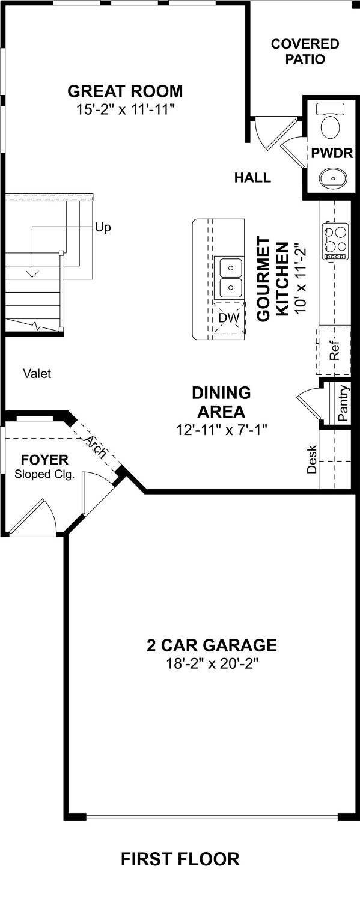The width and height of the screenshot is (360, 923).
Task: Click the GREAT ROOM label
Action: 125,91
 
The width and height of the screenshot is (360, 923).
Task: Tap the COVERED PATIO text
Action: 305,52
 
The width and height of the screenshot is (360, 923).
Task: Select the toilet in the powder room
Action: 330,123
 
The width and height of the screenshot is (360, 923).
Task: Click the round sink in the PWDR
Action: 331,177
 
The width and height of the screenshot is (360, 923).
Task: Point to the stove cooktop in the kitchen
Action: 336,241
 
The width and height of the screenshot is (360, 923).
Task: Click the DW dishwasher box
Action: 229,317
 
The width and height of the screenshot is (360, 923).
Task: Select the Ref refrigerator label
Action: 335,350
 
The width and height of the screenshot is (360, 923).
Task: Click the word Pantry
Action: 343,403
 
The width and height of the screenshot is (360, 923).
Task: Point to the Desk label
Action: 312,459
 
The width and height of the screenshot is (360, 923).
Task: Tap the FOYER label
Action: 44,460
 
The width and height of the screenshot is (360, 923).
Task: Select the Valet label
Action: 37,374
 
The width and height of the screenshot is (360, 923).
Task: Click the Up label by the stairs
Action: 103,228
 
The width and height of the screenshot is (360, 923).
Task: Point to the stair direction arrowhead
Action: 32,273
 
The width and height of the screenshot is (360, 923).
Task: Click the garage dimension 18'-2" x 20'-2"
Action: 212,664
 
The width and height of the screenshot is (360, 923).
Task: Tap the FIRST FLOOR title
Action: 180,859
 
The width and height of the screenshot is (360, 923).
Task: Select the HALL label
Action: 252,178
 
